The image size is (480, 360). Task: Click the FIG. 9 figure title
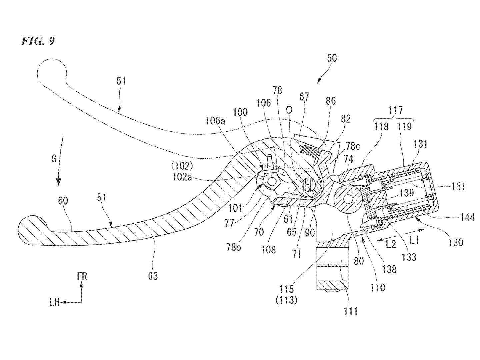point(38,41)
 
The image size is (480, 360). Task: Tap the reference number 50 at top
point(332,58)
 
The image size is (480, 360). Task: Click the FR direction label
point(82,277)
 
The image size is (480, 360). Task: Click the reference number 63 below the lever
point(153,276)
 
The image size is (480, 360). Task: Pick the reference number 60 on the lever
point(63,201)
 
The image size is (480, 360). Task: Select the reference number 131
point(421,144)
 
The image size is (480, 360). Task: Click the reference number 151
point(458,186)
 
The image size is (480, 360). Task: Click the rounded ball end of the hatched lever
point(32,230)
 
